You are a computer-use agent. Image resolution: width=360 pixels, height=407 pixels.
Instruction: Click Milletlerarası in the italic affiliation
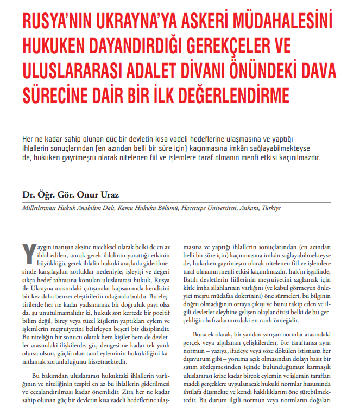40,208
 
